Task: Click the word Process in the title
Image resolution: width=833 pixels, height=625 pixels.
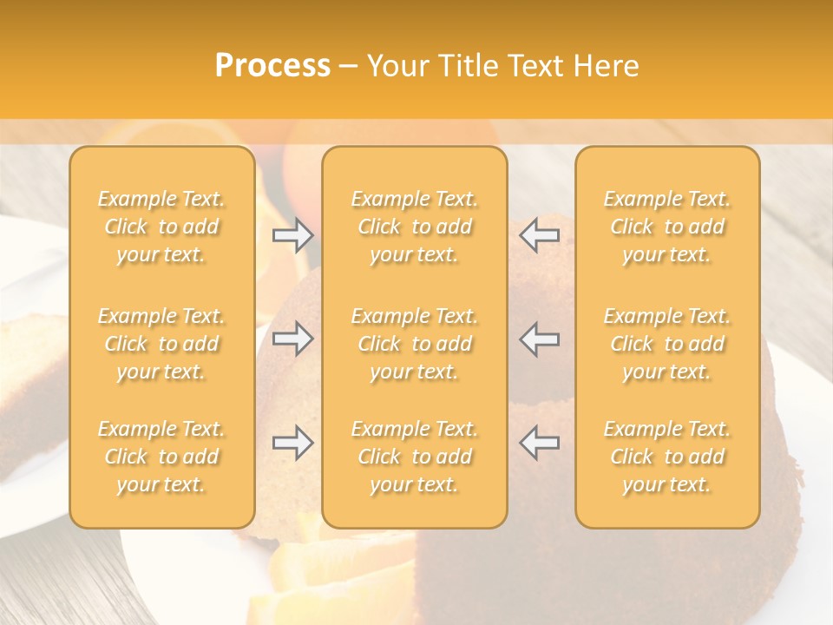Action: coord(272,66)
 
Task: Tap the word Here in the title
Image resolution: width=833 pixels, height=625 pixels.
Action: coord(606,66)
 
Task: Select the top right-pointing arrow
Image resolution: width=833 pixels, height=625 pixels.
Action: coord(293,234)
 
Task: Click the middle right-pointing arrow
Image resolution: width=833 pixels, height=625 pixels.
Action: coord(293,339)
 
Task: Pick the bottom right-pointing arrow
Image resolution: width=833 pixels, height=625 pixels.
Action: coord(293,443)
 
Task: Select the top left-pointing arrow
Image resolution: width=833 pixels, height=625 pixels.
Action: coord(540,234)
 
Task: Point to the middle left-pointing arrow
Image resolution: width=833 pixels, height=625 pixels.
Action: coord(540,339)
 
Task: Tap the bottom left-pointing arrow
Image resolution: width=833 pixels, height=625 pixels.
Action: coord(540,443)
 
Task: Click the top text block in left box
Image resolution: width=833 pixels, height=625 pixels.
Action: coord(161,227)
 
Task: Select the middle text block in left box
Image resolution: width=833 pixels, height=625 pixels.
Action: coord(161,344)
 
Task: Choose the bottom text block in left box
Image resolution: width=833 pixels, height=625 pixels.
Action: coord(161,457)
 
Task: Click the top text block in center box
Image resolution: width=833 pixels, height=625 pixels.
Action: coord(415,227)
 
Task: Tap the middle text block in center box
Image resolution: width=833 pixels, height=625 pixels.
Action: coord(415,344)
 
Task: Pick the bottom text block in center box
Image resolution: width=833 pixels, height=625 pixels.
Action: coord(415,457)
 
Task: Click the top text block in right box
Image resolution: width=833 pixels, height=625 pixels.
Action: coord(667,227)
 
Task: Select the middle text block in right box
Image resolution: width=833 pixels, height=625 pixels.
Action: coord(667,344)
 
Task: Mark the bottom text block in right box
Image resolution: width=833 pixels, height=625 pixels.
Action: coord(667,457)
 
